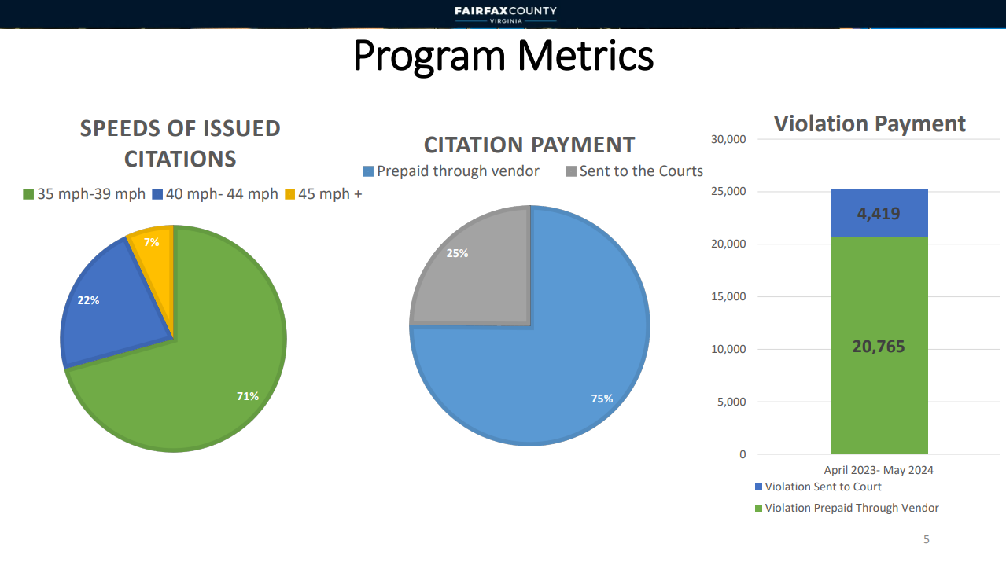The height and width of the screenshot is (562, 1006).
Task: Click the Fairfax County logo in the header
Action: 505,14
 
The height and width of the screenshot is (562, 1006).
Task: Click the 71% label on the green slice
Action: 248,396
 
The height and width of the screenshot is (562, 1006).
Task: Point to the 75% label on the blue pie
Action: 602,399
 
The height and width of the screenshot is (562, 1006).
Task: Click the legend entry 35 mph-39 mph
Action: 84,193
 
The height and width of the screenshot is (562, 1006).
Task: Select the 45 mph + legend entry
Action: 323,193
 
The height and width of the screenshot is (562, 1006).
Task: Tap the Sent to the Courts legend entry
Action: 634,171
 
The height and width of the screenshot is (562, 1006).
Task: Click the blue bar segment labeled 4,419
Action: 879,213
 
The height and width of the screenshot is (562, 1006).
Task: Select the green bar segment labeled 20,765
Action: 879,346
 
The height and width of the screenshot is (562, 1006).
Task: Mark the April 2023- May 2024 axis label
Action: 879,470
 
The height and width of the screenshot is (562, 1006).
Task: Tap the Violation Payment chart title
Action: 869,123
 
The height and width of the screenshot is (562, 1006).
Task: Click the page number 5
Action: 926,539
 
